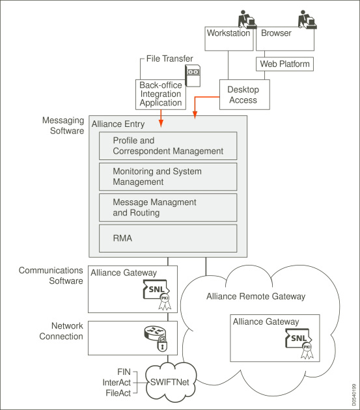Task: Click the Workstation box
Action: coord(229,38)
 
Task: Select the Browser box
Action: coord(285,38)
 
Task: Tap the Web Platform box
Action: coord(284,64)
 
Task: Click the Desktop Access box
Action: coord(244,94)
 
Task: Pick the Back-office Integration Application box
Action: coord(161,94)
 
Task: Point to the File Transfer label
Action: coord(169,59)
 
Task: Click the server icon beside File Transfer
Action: coord(193,76)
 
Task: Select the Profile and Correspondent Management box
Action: coord(168,146)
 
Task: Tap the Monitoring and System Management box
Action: coord(168,177)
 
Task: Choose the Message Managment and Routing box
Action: coord(168,208)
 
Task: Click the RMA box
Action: coord(168,238)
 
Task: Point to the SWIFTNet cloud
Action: coord(170,382)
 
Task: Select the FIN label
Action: coord(124,372)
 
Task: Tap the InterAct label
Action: coord(117,383)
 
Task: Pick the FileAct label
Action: coord(118,393)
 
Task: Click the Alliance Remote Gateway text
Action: coord(256,296)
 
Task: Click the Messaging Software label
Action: coord(63,126)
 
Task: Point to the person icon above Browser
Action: coord(307,19)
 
